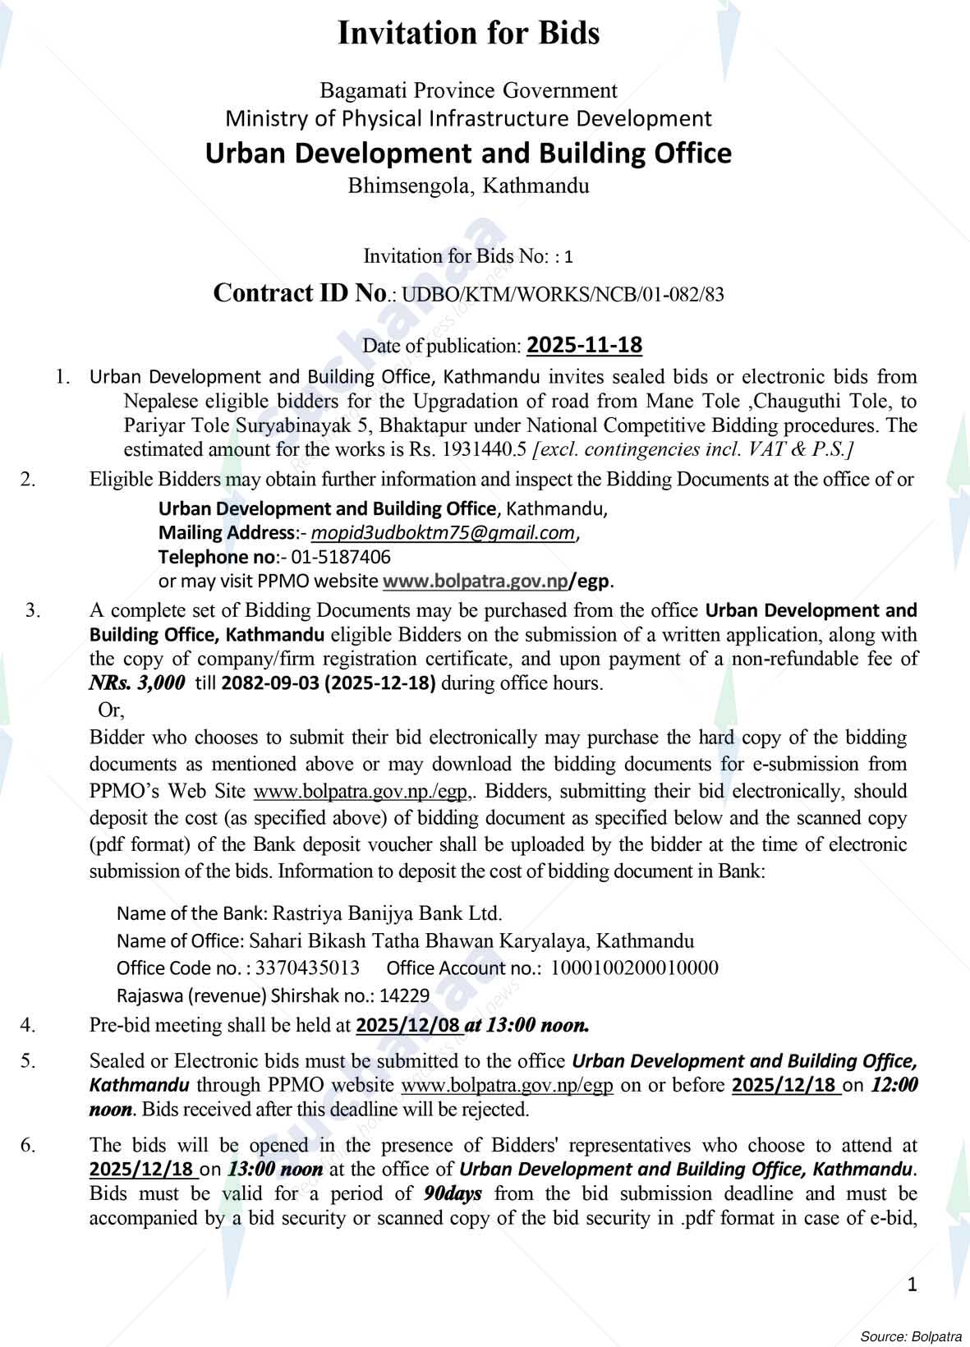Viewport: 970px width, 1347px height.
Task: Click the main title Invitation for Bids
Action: click(x=469, y=34)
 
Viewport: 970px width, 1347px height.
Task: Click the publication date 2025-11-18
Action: click(x=584, y=345)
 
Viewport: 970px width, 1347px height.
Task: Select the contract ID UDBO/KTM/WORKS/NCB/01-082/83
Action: click(x=563, y=295)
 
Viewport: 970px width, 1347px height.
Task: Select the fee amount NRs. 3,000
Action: click(x=137, y=683)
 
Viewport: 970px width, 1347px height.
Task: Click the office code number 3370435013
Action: click(x=307, y=968)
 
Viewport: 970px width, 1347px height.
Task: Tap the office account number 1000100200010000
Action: click(x=634, y=968)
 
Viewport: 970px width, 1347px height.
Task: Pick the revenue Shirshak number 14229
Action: click(x=405, y=995)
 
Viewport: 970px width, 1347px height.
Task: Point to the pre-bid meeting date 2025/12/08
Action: click(x=407, y=1025)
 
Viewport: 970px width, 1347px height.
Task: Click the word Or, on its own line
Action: click(x=110, y=709)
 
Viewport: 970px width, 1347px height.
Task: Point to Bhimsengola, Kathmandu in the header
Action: click(x=469, y=186)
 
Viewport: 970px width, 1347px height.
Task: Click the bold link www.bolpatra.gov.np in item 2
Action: click(x=475, y=581)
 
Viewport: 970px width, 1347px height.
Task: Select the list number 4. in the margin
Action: click(x=28, y=1025)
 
